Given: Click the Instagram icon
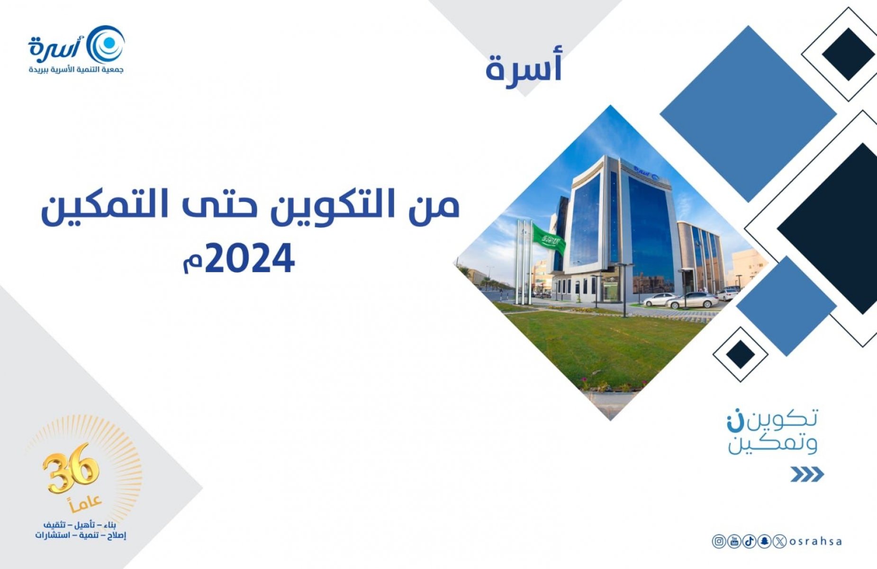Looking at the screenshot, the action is (719, 541).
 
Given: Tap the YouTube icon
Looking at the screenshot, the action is (734, 541).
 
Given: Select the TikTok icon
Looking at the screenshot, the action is (749, 541).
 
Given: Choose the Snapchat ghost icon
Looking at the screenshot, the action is (764, 541).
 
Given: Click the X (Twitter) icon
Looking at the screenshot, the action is (779, 541).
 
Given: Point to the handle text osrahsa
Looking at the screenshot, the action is (815, 541).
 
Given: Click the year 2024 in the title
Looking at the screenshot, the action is (250, 259).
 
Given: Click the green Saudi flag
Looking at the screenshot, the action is (549, 239).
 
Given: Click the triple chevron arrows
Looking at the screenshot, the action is (807, 474).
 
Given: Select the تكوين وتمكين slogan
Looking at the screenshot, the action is (773, 431).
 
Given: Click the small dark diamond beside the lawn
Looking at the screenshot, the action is (740, 354).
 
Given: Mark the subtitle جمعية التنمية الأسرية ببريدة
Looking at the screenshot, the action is (76, 70).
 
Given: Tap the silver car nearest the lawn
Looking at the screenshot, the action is (692, 301).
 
